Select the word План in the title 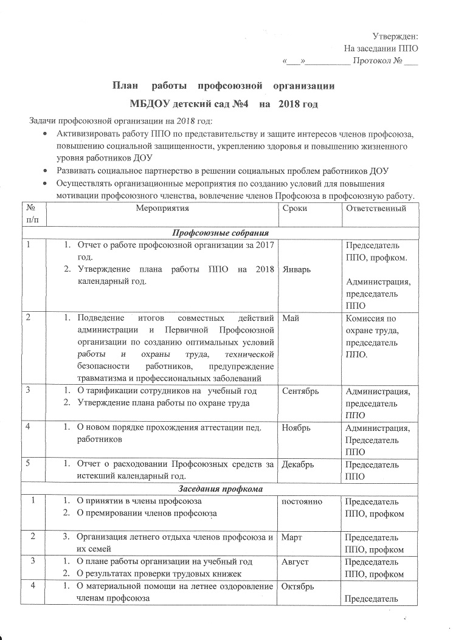pos(126,86)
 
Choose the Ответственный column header pos(375,208)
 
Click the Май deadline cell pos(290,318)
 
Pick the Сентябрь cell pos(300,391)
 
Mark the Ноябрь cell pos(296,428)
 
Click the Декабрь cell pos(298,465)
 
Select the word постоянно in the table pos(302,501)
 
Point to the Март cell pos(292,538)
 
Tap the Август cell pos(296,562)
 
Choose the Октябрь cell pos(299,587)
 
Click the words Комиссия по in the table pos(370,318)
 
